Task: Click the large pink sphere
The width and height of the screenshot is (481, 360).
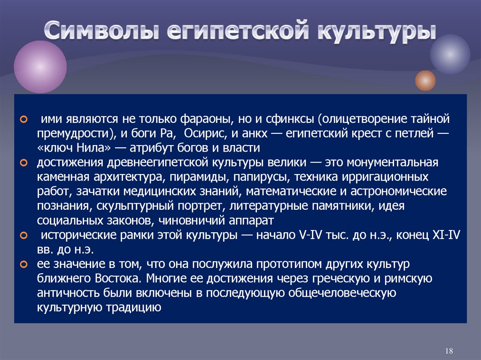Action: (40, 67)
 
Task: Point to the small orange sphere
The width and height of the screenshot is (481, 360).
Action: (425, 80)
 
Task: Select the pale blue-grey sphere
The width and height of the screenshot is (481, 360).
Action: (450, 54)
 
